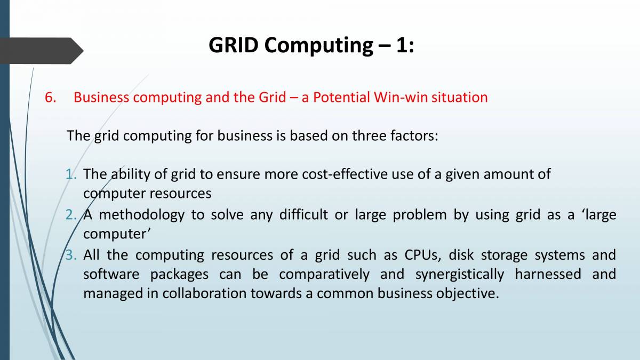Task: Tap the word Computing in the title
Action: point(319,46)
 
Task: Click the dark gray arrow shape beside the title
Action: point(42,51)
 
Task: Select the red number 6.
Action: point(50,98)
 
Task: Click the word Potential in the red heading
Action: point(341,97)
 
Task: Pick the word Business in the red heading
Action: point(101,97)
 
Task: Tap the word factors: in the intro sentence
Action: point(414,135)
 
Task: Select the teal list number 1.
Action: point(71,174)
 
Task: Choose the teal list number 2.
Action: point(71,214)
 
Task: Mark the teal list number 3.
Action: point(71,255)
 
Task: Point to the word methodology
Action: point(142,215)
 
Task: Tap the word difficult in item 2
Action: point(303,214)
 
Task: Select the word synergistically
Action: point(460,275)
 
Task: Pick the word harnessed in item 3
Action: point(548,274)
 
